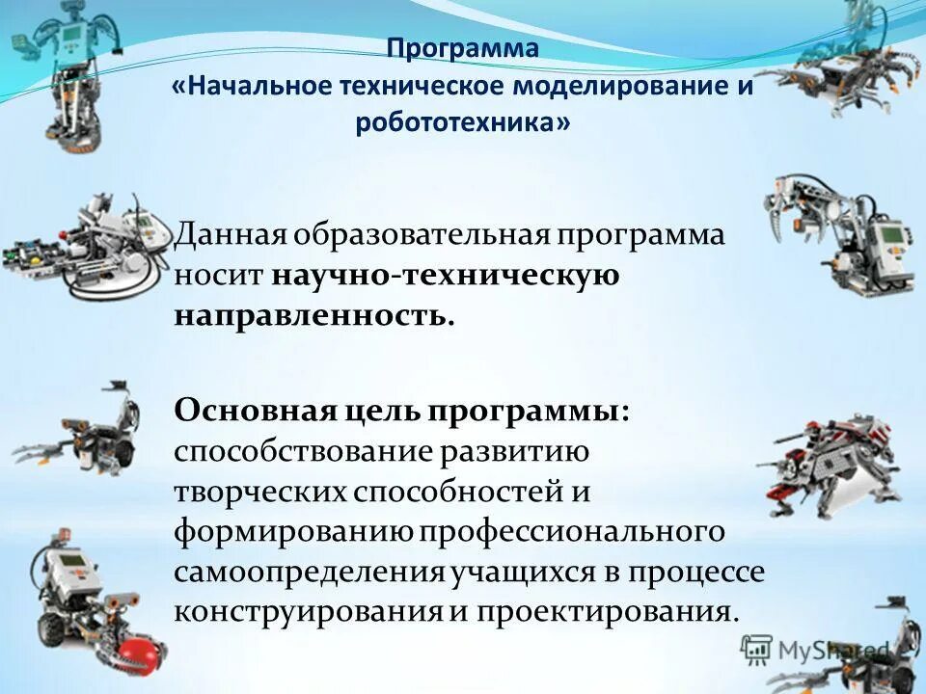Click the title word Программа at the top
tap(463, 48)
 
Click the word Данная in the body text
tap(230, 236)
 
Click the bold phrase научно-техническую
tap(445, 276)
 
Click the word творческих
tap(259, 492)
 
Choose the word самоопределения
tap(310, 572)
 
